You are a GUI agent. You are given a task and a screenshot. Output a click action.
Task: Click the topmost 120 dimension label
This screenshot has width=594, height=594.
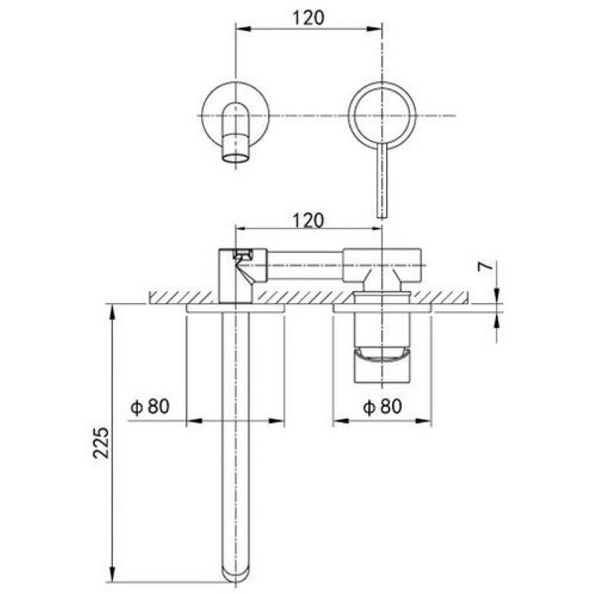pyautogui.click(x=308, y=17)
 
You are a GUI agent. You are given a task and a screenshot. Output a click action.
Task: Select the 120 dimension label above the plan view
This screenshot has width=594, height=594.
pyautogui.click(x=308, y=221)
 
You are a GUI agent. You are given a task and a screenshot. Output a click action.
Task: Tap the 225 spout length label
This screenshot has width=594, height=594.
pyautogui.click(x=101, y=443)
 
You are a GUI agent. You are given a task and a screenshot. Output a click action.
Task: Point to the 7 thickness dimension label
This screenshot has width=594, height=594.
pyautogui.click(x=486, y=267)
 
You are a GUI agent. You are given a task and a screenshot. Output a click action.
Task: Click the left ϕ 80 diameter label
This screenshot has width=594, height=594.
pyautogui.click(x=150, y=407)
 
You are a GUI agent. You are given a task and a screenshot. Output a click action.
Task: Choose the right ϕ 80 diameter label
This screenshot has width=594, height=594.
pyautogui.click(x=382, y=407)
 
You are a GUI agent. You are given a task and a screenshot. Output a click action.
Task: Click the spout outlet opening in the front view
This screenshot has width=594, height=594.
pyautogui.click(x=235, y=158)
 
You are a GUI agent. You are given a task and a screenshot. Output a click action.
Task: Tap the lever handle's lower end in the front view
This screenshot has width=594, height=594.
pyautogui.click(x=382, y=216)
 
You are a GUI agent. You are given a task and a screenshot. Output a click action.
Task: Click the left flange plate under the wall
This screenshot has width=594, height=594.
pyautogui.click(x=235, y=308)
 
